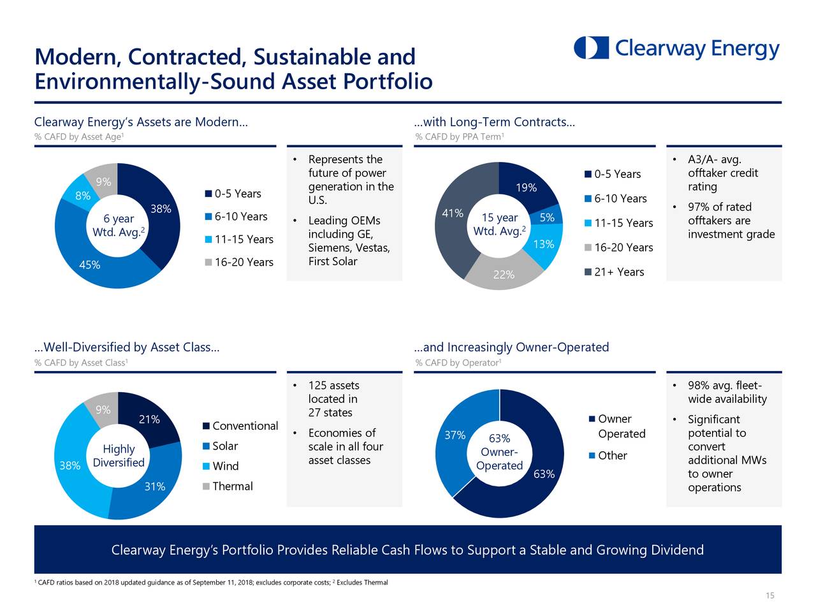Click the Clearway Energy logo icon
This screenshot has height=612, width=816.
[x=591, y=48]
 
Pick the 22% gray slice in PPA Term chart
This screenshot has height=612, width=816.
[x=504, y=275]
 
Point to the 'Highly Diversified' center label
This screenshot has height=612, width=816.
[x=119, y=456]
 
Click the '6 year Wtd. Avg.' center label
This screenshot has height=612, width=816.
[x=119, y=225]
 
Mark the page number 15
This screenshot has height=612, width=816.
[x=769, y=595]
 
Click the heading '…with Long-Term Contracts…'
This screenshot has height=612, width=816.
[x=494, y=122]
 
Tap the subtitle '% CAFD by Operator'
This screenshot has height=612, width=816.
[x=458, y=363]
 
